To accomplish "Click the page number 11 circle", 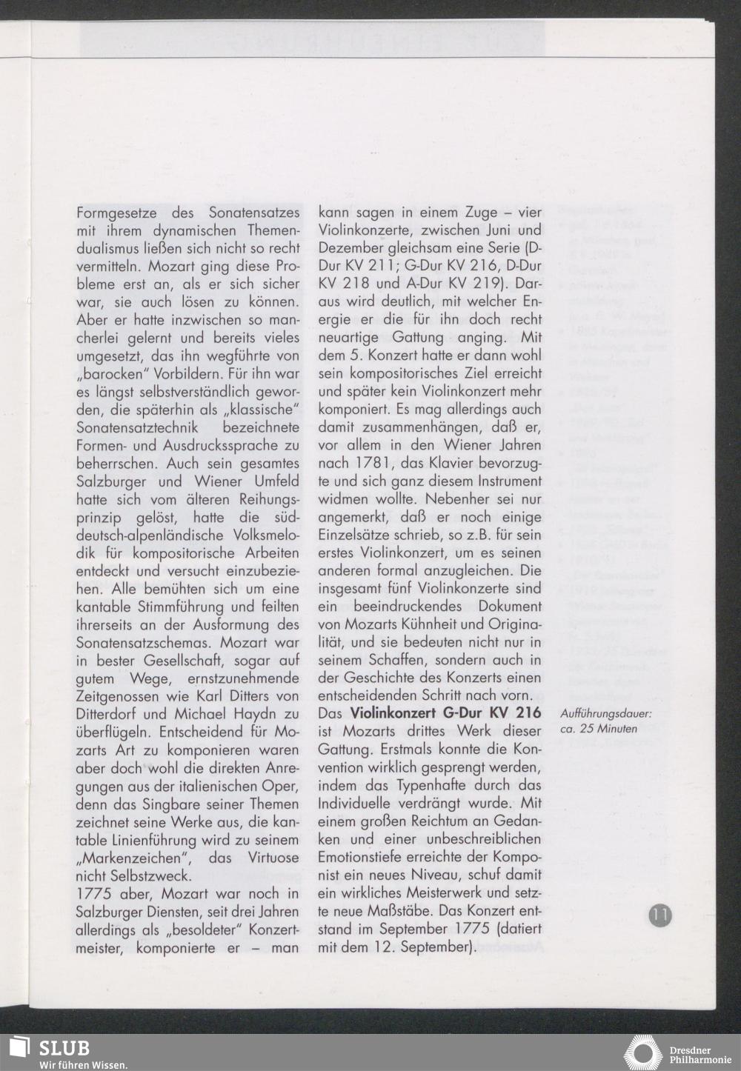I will tap(660, 915).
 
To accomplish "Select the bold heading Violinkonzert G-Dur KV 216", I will tap(445, 714).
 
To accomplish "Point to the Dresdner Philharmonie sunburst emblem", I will tap(642, 1052).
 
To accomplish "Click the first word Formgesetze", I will tap(114, 213).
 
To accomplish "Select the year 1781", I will tap(382, 463).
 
